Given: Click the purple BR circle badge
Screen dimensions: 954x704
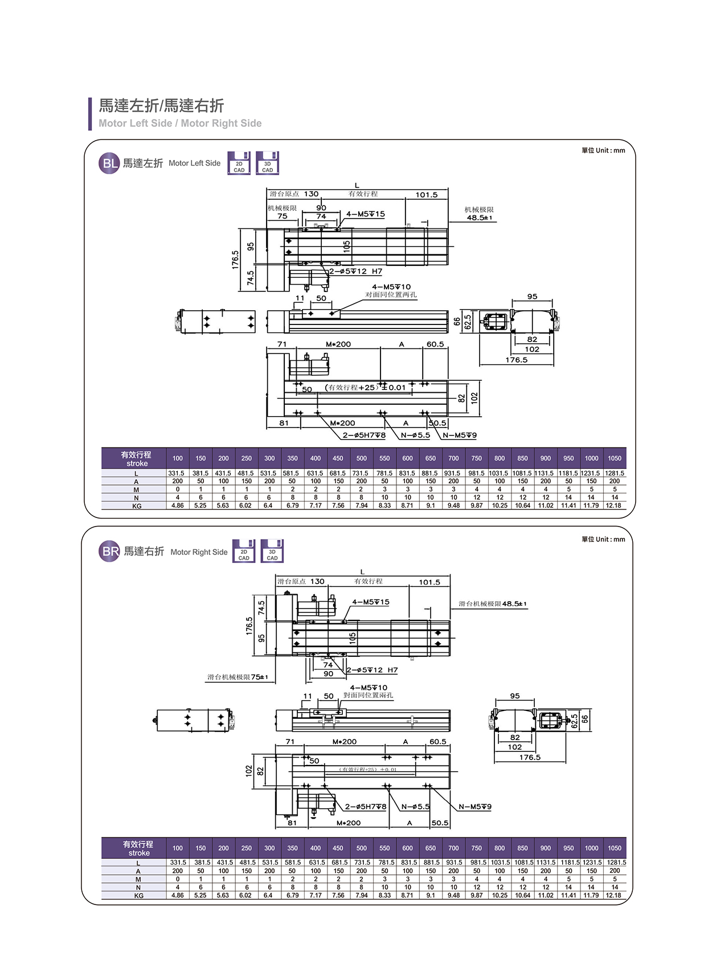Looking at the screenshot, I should pyautogui.click(x=109, y=552).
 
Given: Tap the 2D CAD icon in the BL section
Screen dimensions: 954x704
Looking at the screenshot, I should pyautogui.click(x=239, y=163).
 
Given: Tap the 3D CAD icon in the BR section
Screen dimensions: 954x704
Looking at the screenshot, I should pyautogui.click(x=272, y=551).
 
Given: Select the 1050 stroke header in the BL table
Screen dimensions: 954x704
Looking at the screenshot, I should pyautogui.click(x=614, y=458).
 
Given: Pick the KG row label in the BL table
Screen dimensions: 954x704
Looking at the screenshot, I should pyautogui.click(x=137, y=506).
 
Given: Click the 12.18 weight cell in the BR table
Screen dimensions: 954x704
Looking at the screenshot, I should pyautogui.click(x=613, y=895).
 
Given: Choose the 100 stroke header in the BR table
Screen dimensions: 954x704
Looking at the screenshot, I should pyautogui.click(x=178, y=848).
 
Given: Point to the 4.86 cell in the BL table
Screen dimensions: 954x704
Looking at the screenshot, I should pyautogui.click(x=178, y=505).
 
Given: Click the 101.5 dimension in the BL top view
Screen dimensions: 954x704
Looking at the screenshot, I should pyautogui.click(x=426, y=195).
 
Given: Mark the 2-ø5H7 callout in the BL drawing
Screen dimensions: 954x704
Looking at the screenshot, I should pyautogui.click(x=364, y=435).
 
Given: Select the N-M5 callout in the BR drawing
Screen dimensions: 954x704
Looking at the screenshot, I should pyautogui.click(x=475, y=807).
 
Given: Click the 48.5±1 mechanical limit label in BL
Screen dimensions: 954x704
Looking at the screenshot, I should pyautogui.click(x=479, y=217).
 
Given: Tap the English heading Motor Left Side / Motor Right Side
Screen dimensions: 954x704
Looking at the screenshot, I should pyautogui.click(x=180, y=124).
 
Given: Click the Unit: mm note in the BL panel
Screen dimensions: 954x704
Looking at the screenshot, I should pyautogui.click(x=603, y=151).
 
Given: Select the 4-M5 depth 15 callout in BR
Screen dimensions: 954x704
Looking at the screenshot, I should pyautogui.click(x=371, y=602).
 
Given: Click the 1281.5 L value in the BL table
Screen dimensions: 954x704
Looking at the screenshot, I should pyautogui.click(x=614, y=473).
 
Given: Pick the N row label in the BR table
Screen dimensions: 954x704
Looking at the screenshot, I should pyautogui.click(x=138, y=887).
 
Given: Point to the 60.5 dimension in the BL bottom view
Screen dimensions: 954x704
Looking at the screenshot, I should pyautogui.click(x=435, y=344).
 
